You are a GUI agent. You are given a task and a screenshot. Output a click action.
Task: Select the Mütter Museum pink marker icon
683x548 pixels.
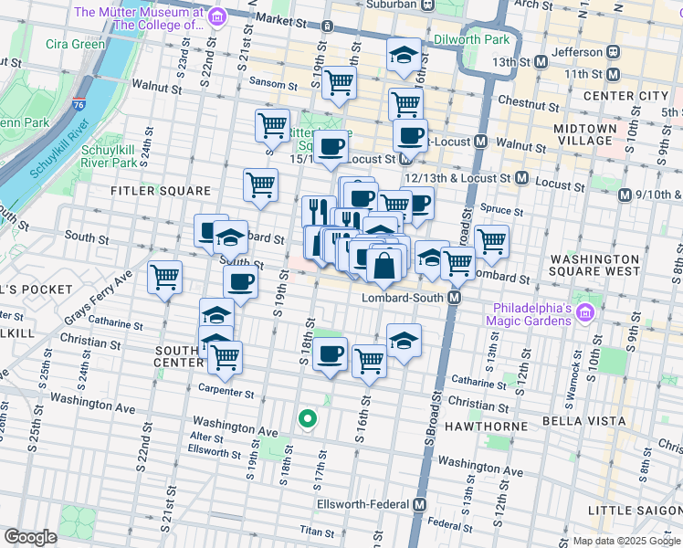(x=216, y=17)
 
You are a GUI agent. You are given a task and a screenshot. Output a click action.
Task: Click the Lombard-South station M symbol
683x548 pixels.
(x=454, y=299)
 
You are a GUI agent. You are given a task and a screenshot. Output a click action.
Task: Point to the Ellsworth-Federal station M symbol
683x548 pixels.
(x=420, y=504)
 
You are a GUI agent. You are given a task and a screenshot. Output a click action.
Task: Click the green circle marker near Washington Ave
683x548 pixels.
(x=308, y=419)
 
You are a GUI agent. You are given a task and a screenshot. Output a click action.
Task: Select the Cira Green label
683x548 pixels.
(x=75, y=44)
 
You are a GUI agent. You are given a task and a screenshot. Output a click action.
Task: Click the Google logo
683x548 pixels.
(x=30, y=537)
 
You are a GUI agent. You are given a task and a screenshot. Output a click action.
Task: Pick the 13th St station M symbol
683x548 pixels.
(x=541, y=61)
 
